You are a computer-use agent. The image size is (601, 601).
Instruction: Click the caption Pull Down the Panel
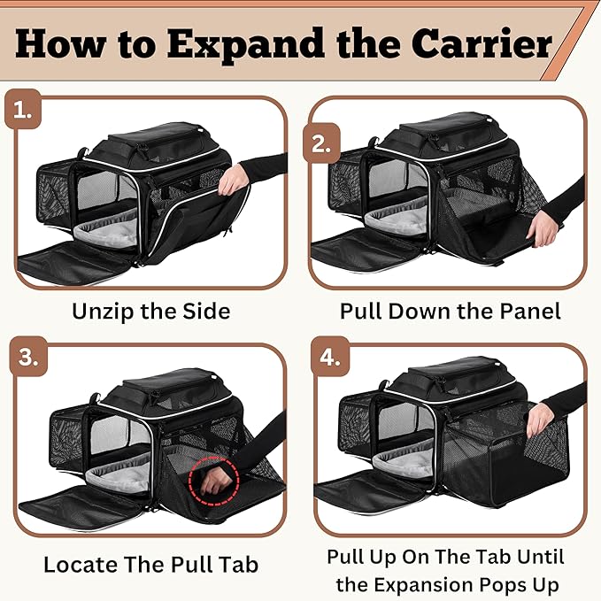[451, 311]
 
